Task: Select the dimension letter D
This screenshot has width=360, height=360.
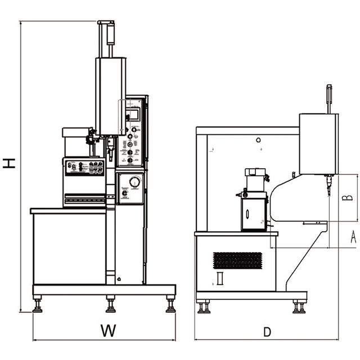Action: pyautogui.click(x=267, y=331)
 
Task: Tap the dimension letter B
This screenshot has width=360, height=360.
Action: pyautogui.click(x=348, y=197)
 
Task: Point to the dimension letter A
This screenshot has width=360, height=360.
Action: pyautogui.click(x=353, y=236)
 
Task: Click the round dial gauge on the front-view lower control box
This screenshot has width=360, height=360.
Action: pyautogui.click(x=134, y=182)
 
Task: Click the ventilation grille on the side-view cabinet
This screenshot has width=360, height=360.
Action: pyautogui.click(x=237, y=260)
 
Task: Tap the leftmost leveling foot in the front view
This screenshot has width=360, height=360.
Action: pyautogui.click(x=38, y=306)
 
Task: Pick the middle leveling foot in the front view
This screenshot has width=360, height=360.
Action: pyautogui.click(x=111, y=306)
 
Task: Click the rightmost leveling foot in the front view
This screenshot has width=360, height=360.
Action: pyautogui.click(x=170, y=306)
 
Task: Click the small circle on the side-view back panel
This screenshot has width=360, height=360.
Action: pyautogui.click(x=258, y=139)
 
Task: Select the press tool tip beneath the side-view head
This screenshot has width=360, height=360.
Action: pyautogui.click(x=327, y=188)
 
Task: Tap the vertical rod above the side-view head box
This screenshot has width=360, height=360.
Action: pyautogui.click(x=330, y=98)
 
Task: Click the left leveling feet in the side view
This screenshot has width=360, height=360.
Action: pyautogui.click(x=204, y=307)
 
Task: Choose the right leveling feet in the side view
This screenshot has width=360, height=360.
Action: pyautogui.click(x=299, y=307)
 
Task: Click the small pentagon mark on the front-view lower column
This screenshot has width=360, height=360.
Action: pyautogui.click(x=119, y=279)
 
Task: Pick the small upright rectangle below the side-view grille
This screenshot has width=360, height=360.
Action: pyautogui.click(x=220, y=278)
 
